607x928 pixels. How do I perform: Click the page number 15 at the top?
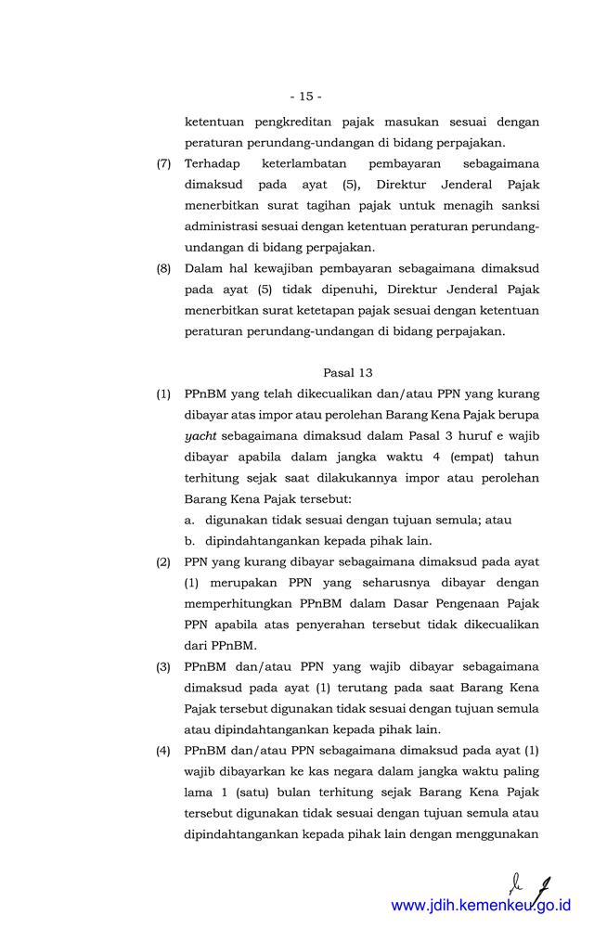coord(305,96)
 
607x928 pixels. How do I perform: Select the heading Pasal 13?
coord(348,372)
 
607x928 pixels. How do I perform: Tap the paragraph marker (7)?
coord(163,163)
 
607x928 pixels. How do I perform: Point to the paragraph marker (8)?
coord(163,268)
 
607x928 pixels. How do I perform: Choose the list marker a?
coord(188,520)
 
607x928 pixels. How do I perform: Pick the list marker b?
coord(188,541)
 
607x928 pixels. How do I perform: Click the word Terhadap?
coord(213,163)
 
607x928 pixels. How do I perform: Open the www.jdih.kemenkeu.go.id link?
coord(481,905)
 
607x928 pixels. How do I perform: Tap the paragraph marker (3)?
coord(163,666)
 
